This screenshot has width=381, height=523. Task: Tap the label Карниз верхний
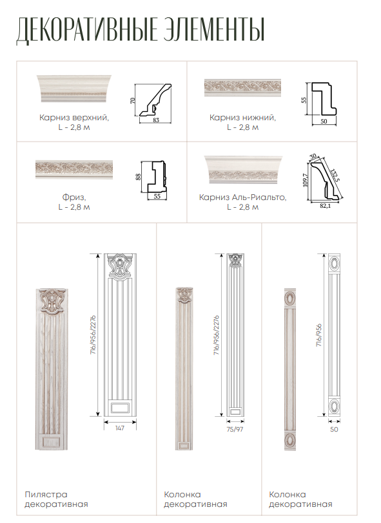click(74, 118)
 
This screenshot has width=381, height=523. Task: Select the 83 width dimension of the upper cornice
click(156, 120)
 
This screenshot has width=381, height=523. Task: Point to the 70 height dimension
click(133, 100)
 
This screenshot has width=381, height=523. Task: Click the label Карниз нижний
click(242, 118)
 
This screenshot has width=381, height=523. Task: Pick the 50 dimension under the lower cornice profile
click(324, 122)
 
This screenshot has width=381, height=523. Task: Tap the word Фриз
click(74, 197)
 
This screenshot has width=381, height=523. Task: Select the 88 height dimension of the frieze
click(139, 176)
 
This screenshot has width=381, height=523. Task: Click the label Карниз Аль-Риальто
click(242, 197)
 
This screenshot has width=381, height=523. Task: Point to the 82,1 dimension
click(325, 206)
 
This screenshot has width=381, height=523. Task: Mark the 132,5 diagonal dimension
click(334, 175)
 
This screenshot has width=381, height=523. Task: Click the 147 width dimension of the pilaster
click(120, 428)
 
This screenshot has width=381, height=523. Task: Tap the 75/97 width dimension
click(235, 429)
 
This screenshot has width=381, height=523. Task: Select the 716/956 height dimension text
click(319, 335)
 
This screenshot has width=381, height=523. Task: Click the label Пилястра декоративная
click(56, 499)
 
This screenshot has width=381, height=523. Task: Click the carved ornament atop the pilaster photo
click(52, 302)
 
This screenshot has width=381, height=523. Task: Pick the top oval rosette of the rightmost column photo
click(289, 298)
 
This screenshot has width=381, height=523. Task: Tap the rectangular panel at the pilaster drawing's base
click(120, 408)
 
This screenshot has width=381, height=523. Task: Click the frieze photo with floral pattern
click(74, 169)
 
